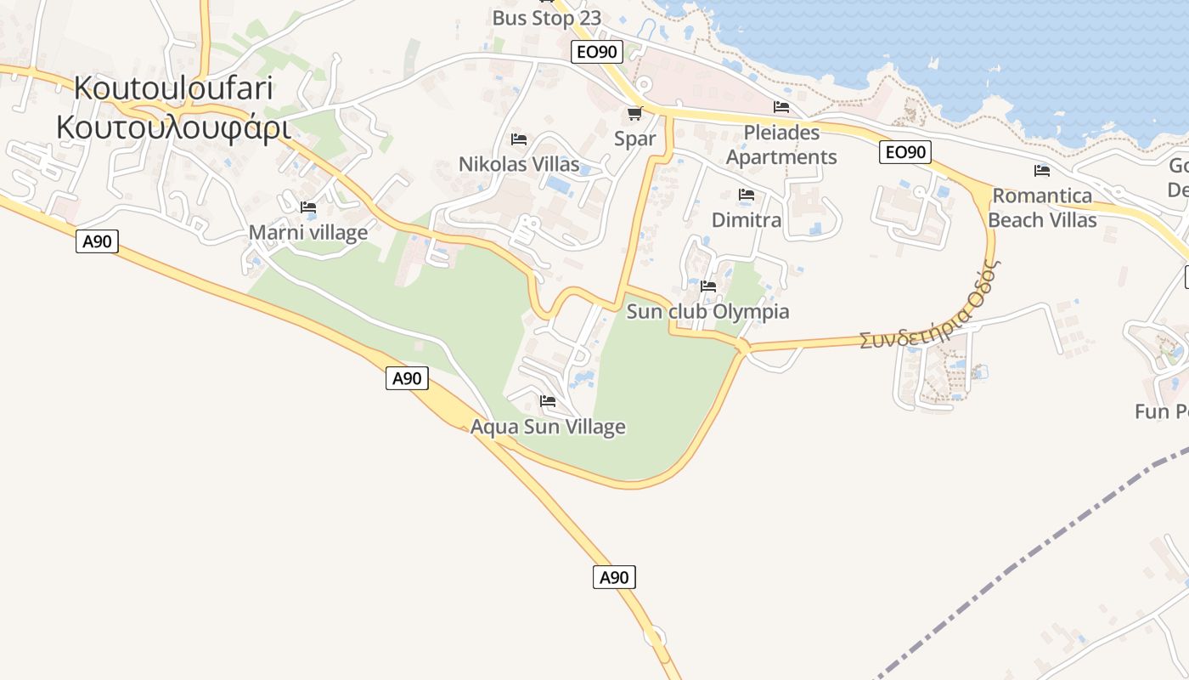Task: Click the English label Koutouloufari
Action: click(173, 88)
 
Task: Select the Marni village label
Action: click(308, 232)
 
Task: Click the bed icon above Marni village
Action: click(308, 207)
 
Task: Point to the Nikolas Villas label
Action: click(519, 164)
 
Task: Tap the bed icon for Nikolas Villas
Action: click(519, 139)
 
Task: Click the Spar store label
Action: click(635, 139)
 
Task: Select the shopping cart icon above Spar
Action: click(634, 113)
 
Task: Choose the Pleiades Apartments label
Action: click(781, 144)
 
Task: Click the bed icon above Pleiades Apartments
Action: click(781, 107)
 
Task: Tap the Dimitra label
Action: click(747, 220)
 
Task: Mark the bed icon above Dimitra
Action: click(747, 195)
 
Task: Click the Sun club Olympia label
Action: click(707, 311)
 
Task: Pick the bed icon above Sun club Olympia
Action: click(708, 286)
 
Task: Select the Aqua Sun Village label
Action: click(548, 427)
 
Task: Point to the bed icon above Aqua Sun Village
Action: click(548, 401)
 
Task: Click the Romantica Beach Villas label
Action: click(1042, 207)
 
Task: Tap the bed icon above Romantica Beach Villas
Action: click(1042, 171)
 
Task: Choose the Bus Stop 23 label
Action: click(547, 18)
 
